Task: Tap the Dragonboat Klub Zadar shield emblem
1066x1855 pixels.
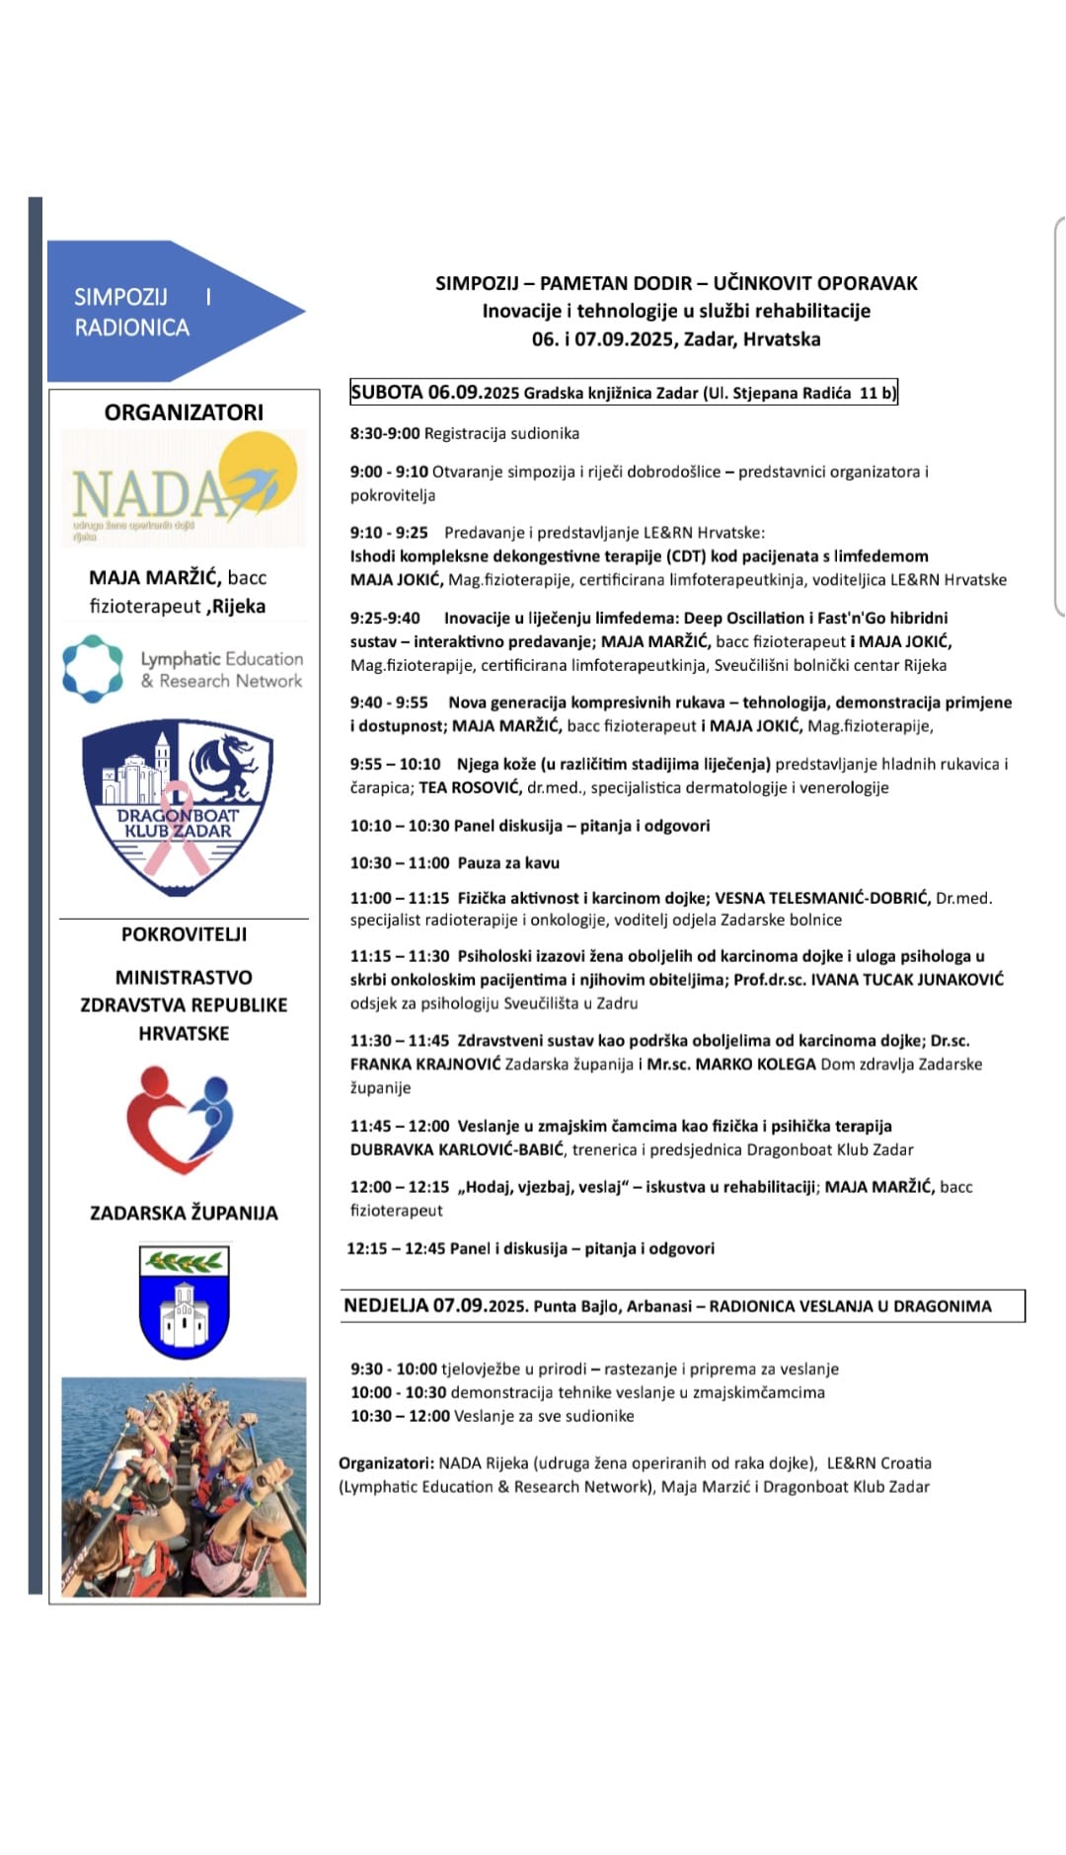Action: pyautogui.click(x=178, y=806)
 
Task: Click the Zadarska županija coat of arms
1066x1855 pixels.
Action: pyautogui.click(x=184, y=1301)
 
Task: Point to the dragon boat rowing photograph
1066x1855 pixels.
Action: pyautogui.click(x=184, y=1486)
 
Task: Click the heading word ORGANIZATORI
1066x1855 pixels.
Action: pyautogui.click(x=184, y=412)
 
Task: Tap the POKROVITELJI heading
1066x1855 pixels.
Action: pyautogui.click(x=184, y=934)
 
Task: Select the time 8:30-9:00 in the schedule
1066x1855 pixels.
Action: pyautogui.click(x=384, y=433)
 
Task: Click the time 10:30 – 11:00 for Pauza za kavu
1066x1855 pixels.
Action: pyautogui.click(x=399, y=863)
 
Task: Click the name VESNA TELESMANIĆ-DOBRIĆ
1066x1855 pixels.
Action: pyautogui.click(x=822, y=898)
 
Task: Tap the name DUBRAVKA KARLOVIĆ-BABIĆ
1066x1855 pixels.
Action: pyautogui.click(x=457, y=1150)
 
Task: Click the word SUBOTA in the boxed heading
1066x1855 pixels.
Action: pyautogui.click(x=386, y=393)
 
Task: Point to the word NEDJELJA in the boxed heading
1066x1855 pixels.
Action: pyautogui.click(x=386, y=1305)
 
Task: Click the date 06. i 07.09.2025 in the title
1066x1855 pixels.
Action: pyautogui.click(x=603, y=339)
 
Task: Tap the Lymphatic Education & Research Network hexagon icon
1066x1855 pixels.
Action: pyautogui.click(x=93, y=669)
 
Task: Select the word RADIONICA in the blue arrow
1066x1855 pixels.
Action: pyautogui.click(x=131, y=328)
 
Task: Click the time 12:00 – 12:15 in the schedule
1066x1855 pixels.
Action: pyautogui.click(x=399, y=1187)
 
